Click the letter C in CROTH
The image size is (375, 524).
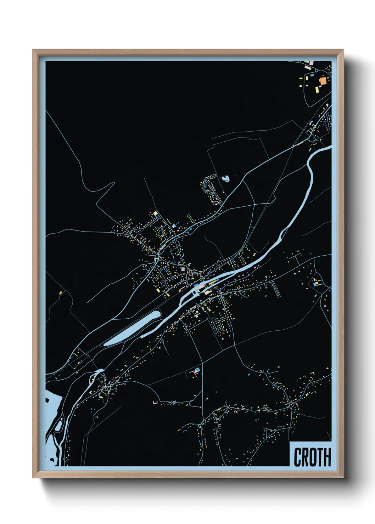[x=297, y=457]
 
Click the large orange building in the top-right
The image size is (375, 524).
[x=323, y=81]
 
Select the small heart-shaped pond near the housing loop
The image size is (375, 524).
[x=225, y=179]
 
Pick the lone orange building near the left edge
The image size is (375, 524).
[x=61, y=293]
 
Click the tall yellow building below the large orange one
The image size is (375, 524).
[x=317, y=90]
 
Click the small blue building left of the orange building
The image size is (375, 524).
[x=312, y=75]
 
